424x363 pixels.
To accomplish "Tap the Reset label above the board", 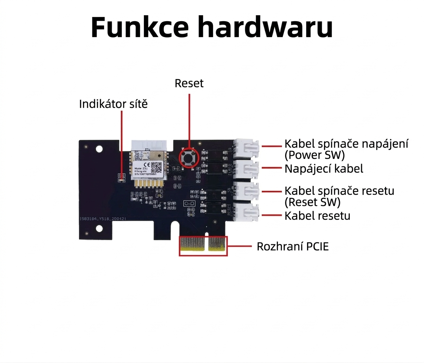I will pyautogui.click(x=189, y=83).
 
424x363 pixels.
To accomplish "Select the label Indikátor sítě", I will pyautogui.click(x=113, y=104).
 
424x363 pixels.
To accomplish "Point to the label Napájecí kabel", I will pyautogui.click(x=324, y=168).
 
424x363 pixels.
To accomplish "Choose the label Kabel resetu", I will pyautogui.click(x=317, y=216).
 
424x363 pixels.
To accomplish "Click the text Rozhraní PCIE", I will pyautogui.click(x=293, y=246).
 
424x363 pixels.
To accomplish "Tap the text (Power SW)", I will pyautogui.click(x=314, y=155).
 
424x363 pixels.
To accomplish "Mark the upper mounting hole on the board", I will pyautogui.click(x=99, y=149).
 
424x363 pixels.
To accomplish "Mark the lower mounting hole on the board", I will pyautogui.click(x=99, y=228).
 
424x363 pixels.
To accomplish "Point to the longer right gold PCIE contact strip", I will pyautogui.click(x=217, y=245).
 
